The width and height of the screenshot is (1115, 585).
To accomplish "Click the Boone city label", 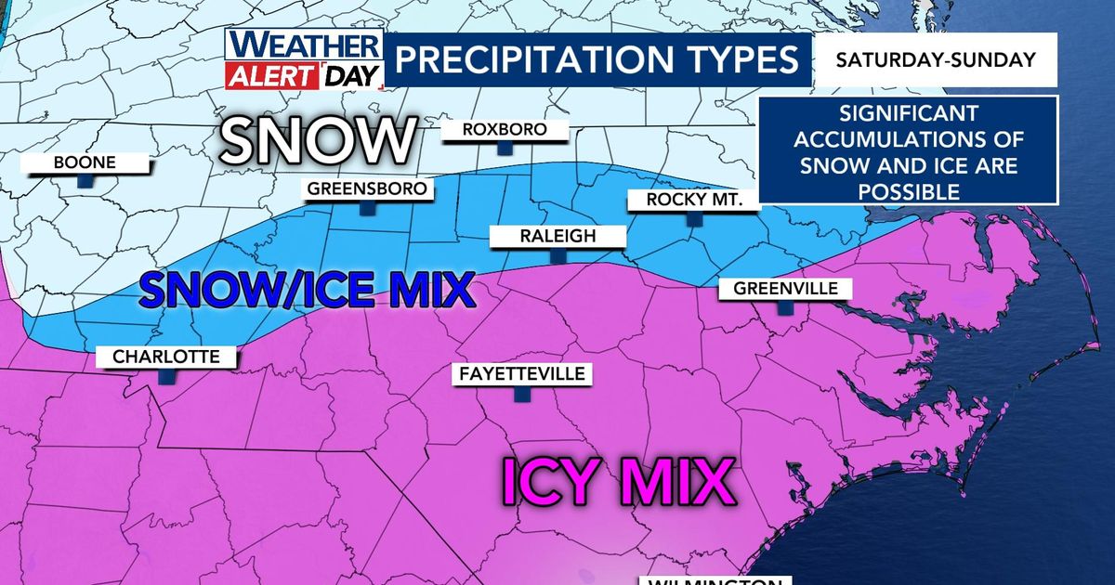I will pyautogui.click(x=85, y=162).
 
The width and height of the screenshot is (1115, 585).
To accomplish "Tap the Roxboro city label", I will pyautogui.click(x=505, y=130).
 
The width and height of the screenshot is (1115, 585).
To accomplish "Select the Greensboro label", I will pyautogui.click(x=369, y=190).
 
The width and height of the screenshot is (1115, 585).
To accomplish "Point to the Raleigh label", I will pyautogui.click(x=557, y=237).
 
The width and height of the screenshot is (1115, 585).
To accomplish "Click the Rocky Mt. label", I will pyautogui.click(x=691, y=201).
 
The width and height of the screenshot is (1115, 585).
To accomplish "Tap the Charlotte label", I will pyautogui.click(x=166, y=357).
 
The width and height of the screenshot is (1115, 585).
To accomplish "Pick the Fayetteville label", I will pyautogui.click(x=521, y=374).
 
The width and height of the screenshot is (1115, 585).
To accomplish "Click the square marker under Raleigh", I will pyautogui.click(x=557, y=256).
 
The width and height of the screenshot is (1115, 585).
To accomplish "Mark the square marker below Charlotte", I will pyautogui.click(x=166, y=376).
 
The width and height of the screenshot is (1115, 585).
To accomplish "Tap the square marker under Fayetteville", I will pyautogui.click(x=521, y=395).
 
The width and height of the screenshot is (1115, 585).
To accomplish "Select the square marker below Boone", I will pyautogui.click(x=85, y=182).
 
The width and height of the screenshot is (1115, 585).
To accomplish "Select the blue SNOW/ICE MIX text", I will pyautogui.click(x=307, y=290).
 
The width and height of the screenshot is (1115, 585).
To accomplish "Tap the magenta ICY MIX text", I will pyautogui.click(x=614, y=481).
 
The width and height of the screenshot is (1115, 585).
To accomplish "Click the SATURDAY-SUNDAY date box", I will pyautogui.click(x=936, y=60).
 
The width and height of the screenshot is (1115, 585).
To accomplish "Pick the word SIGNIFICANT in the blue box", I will pyautogui.click(x=908, y=114).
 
